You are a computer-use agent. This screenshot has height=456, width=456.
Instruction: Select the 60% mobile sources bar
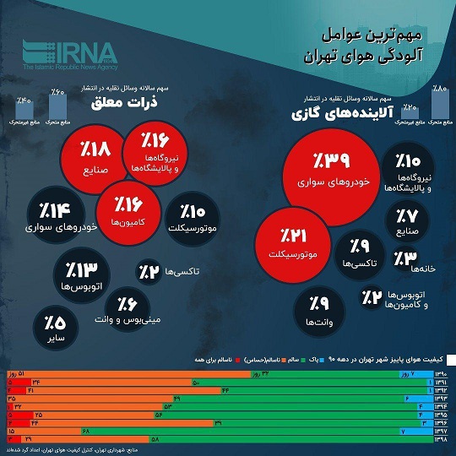coord(57,106)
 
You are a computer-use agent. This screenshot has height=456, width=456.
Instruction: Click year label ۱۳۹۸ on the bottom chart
coord(441,439)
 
